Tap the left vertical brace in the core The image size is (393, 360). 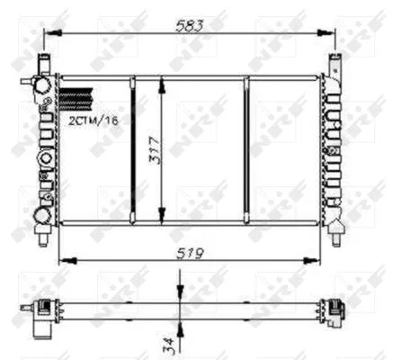point(131,148)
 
